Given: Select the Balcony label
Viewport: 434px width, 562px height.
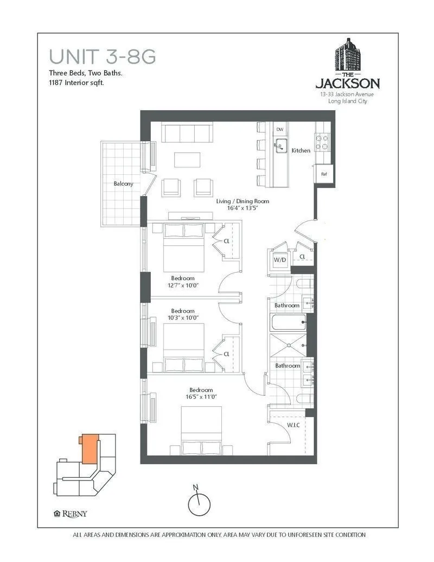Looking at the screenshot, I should coord(123,184).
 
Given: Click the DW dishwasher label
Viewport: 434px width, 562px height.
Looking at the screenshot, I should coord(280,129).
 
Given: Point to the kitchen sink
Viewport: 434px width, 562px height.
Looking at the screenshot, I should coord(280,144).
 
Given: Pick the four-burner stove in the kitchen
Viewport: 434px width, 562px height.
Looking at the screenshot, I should coord(323,141).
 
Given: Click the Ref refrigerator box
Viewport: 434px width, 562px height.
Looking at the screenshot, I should coord(324,174).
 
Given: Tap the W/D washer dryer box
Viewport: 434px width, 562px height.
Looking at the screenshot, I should coord(279,260).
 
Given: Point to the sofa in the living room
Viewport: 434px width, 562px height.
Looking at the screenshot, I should coord(187,133).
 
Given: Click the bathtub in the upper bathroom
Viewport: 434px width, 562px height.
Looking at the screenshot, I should coord(288,324).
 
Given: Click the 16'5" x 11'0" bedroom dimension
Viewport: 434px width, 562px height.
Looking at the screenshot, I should coord(201,397).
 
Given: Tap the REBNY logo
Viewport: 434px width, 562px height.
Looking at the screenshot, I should coord(71,514).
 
